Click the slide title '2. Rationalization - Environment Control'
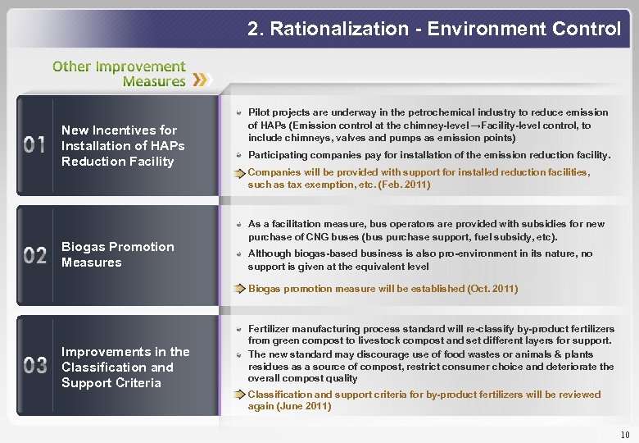pos(434,30)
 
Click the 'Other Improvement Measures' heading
pos(120,73)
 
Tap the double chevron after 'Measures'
pos(202,80)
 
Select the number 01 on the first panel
pos(35,146)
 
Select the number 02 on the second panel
pos(35,255)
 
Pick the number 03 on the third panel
pos(35,366)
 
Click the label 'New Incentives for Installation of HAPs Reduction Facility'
pos(123,146)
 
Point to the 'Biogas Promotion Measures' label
pos(117,254)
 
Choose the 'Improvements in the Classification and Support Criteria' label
pos(125,367)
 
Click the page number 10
pos(625,433)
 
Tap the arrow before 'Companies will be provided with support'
pos(238,173)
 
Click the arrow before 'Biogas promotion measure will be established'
pos(238,289)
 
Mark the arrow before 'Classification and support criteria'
pos(238,395)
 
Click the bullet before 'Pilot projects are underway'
pos(236,112)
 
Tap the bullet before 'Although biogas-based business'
pos(236,254)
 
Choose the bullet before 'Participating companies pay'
pos(236,155)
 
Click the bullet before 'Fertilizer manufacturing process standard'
pos(236,328)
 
